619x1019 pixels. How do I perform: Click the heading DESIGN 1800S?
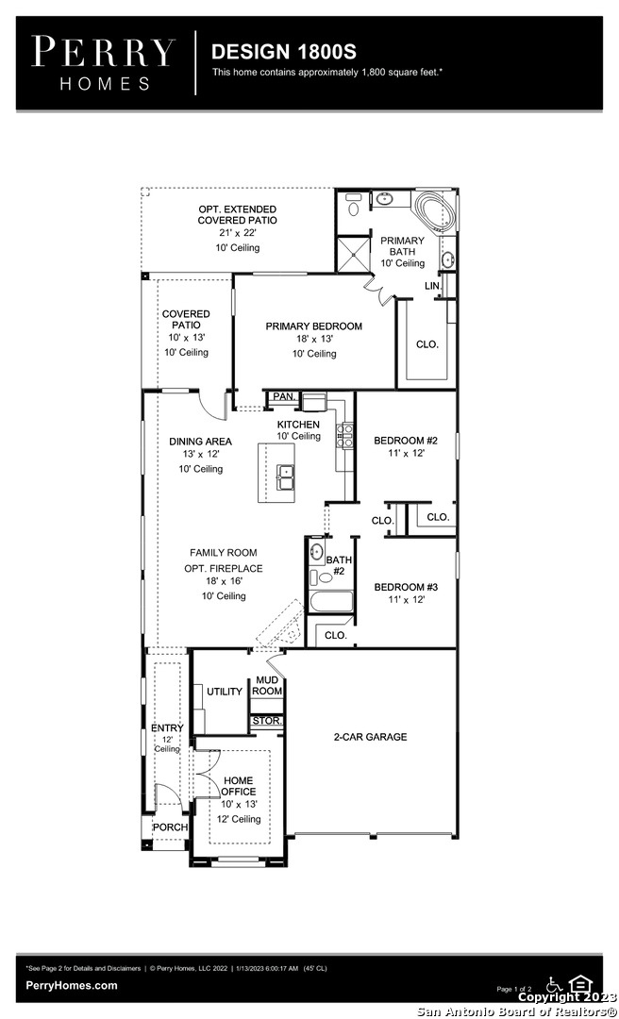pyautogui.click(x=283, y=52)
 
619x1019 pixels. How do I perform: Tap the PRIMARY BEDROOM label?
pyautogui.click(x=313, y=326)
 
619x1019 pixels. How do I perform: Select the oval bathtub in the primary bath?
pyautogui.click(x=436, y=209)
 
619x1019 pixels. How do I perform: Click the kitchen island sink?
pyautogui.click(x=286, y=479)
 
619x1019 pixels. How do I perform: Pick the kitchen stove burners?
pyautogui.click(x=345, y=435)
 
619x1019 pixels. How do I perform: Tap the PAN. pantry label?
pyautogui.click(x=284, y=396)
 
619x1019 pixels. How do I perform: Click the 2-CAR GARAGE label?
pyautogui.click(x=371, y=736)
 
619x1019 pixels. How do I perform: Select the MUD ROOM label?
pyautogui.click(x=267, y=686)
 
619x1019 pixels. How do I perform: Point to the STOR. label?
pyautogui.click(x=267, y=721)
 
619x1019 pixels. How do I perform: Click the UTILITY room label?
pyautogui.click(x=225, y=692)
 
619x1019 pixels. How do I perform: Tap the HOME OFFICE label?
pyautogui.click(x=239, y=786)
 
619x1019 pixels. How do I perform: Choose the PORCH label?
pyautogui.click(x=171, y=827)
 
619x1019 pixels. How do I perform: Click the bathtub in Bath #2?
pyautogui.click(x=331, y=601)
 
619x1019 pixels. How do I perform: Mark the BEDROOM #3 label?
pyautogui.click(x=406, y=587)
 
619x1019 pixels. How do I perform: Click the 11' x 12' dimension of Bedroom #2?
pyautogui.click(x=406, y=453)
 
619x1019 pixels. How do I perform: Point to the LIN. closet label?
pyautogui.click(x=433, y=286)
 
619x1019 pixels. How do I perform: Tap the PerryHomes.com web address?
pyautogui.click(x=72, y=985)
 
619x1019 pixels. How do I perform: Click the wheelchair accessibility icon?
pyautogui.click(x=554, y=983)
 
